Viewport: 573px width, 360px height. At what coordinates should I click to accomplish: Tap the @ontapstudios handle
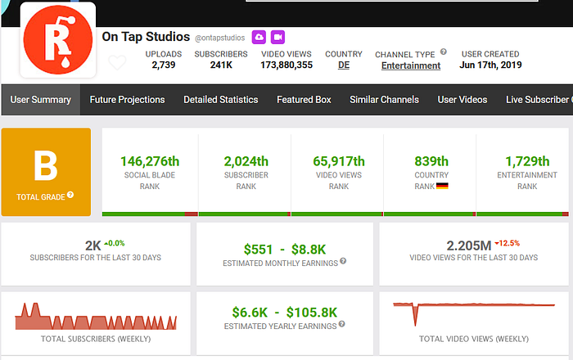point(219,38)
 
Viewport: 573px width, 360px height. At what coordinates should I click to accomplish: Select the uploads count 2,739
point(164,65)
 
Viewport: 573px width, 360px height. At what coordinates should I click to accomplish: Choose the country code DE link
point(344,65)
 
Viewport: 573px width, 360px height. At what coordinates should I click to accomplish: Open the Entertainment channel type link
point(411,66)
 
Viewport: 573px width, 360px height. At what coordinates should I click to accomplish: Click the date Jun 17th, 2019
point(490,65)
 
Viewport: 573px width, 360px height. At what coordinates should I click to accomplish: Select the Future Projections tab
point(127,100)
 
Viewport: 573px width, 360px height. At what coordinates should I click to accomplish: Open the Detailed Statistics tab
point(220,100)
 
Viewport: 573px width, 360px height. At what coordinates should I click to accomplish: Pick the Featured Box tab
point(304,100)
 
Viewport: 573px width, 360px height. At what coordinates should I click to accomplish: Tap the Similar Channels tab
point(384,100)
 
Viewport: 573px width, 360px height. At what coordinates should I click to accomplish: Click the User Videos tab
point(462,100)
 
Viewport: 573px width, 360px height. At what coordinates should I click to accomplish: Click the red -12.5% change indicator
point(508,243)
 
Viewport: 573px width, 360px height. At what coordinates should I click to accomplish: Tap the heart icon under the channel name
point(118,63)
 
